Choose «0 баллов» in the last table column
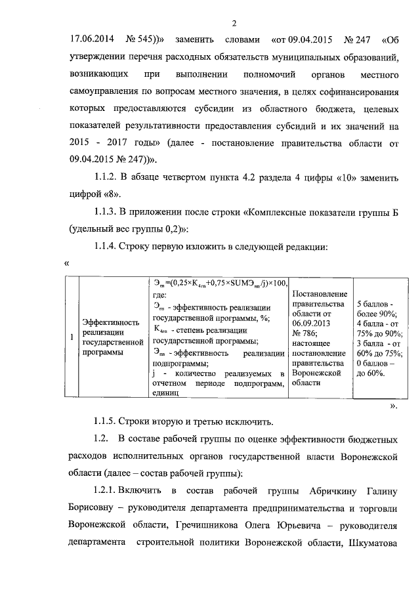[375, 363]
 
